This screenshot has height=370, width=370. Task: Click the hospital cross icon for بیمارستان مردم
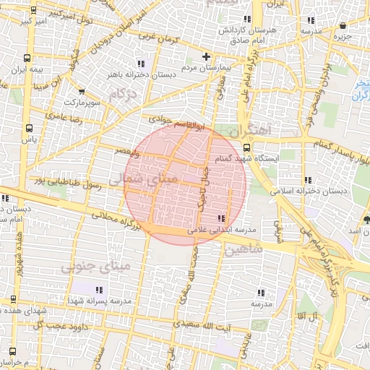206,56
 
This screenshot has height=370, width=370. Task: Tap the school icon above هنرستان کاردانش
247,19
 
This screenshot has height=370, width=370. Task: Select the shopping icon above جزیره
342,26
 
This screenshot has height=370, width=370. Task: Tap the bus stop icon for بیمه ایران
27,57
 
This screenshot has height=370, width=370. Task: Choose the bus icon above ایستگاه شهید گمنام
246,148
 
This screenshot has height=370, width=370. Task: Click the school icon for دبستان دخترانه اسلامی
308,180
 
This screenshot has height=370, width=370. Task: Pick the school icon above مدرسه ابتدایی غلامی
220,218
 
